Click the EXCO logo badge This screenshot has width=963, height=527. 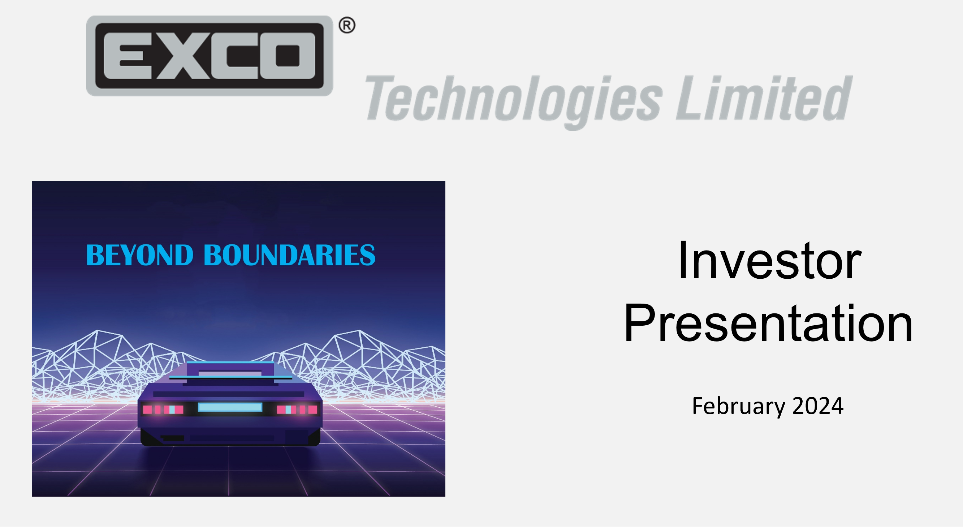[x=210, y=55]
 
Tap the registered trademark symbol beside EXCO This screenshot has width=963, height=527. [x=346, y=26]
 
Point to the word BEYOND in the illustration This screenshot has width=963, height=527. [x=139, y=255]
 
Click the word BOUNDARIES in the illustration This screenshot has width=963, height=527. [x=289, y=255]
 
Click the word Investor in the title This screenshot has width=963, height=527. [x=769, y=261]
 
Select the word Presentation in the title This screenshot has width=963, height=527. [x=768, y=323]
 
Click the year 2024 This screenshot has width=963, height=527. [x=817, y=406]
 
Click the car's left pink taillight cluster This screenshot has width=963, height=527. [x=163, y=410]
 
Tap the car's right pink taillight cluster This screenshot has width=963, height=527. [x=297, y=410]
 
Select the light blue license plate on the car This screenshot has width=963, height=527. [x=229, y=407]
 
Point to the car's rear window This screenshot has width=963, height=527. [x=229, y=373]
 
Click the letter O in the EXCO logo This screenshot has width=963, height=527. [x=288, y=55]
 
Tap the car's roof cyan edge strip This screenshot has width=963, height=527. [x=230, y=363]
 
